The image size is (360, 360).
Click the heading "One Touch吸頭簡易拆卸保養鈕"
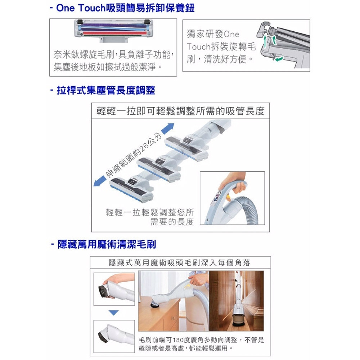point(125,8)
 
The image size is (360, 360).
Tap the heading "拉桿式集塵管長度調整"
point(106,90)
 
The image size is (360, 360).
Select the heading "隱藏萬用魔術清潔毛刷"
point(107,244)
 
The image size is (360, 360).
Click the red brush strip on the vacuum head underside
point(114,33)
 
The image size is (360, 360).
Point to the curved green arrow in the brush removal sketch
point(279,59)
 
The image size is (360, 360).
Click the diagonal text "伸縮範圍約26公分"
point(134,155)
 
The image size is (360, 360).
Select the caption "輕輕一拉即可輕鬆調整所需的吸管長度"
point(180,111)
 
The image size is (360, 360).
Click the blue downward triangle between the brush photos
point(113,313)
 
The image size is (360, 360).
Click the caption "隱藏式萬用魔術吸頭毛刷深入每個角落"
point(180,262)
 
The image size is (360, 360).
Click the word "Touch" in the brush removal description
point(198,46)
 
